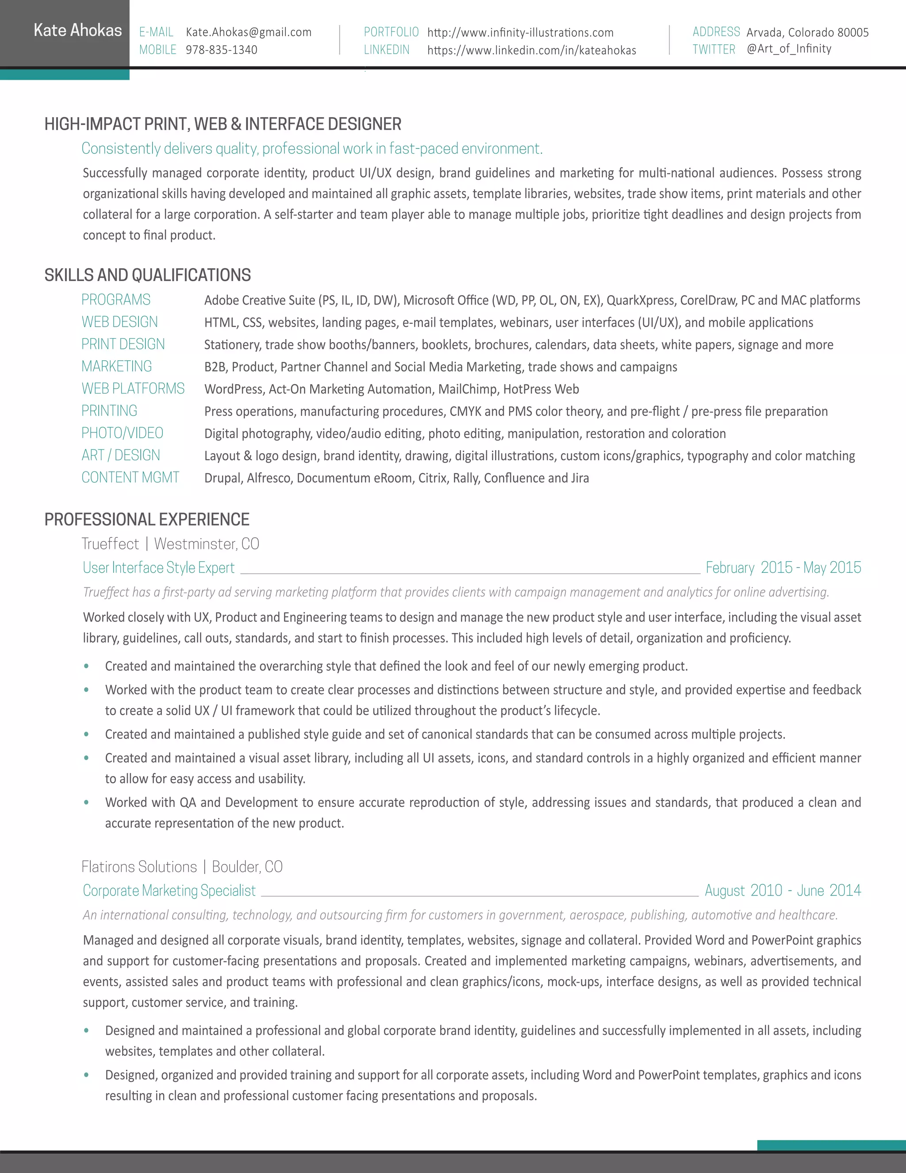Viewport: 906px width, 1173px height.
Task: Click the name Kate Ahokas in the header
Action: coord(78,30)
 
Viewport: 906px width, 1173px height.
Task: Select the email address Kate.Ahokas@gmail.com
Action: coord(249,32)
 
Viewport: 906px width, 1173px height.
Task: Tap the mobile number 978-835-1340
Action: coord(221,50)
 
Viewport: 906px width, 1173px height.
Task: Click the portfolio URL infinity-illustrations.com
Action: coord(520,33)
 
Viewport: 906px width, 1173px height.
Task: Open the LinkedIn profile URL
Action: coord(531,50)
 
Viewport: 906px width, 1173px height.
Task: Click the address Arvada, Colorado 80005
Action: coord(807,32)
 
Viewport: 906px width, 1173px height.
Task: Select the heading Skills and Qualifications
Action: coord(148,275)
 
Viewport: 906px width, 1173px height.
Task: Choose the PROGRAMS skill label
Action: coord(116,300)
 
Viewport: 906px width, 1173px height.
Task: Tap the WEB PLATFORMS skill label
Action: coord(133,388)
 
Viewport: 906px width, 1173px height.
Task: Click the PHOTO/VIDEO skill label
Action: coord(123,433)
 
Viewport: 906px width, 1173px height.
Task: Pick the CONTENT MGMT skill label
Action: coord(131,478)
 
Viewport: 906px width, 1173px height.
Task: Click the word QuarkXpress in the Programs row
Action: coord(640,300)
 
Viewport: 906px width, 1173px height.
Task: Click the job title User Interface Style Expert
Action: coord(159,568)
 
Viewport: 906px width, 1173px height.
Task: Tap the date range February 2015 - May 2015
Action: coord(783,568)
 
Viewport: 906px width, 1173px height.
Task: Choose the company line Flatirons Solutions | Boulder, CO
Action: coord(182,867)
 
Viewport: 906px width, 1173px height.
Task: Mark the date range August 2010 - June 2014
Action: coord(783,891)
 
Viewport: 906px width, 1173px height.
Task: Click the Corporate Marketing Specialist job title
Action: coord(169,891)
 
